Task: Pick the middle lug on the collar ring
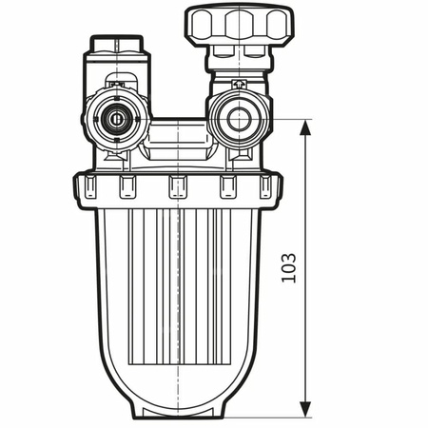[177, 187]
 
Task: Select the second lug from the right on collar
[228, 187]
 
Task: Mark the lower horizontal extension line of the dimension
[276, 418]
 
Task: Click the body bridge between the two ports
[177, 133]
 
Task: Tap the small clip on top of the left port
[116, 86]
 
